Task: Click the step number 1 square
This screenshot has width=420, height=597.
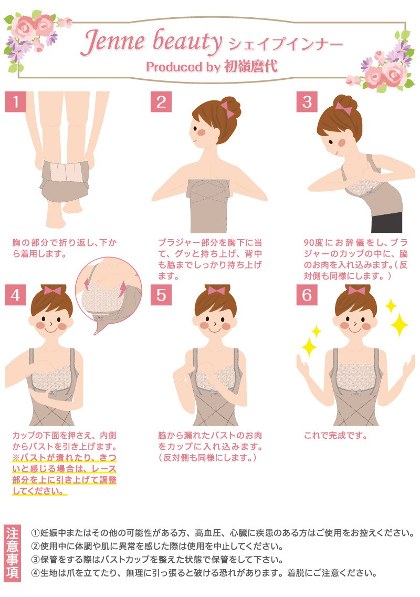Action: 15,101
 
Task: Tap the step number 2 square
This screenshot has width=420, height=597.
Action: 161,101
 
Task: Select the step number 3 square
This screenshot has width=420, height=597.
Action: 307,101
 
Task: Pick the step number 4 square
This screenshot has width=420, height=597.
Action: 15,295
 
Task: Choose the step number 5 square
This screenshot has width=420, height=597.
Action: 161,295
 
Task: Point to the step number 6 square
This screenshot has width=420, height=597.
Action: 307,295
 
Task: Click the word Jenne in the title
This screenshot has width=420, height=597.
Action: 113,41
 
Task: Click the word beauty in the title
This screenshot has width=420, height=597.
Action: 187,42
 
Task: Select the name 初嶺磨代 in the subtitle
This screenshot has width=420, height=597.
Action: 251,67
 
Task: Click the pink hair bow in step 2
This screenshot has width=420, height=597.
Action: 227,109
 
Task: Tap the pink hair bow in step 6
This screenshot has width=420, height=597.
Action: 356,291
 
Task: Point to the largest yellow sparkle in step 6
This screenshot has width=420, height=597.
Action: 400,324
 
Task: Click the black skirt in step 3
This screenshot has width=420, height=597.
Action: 387,222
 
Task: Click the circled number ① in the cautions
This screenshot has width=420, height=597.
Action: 35,533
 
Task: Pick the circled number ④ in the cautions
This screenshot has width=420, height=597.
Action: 35,573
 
